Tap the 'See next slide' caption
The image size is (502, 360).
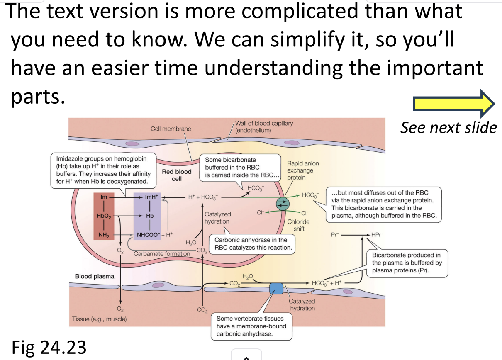point(448,127)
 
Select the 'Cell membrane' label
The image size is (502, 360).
point(171,129)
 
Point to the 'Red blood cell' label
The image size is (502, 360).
point(177,175)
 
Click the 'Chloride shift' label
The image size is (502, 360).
point(298,225)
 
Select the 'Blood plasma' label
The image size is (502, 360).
point(95,276)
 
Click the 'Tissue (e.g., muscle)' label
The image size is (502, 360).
point(100,319)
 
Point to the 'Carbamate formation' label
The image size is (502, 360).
point(162,253)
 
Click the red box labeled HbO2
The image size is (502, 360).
point(103,216)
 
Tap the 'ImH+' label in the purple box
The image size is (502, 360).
point(151,197)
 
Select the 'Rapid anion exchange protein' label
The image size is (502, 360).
point(303,170)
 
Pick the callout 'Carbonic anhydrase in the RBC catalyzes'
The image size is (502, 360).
point(253,244)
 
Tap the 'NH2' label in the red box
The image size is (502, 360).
point(103,235)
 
